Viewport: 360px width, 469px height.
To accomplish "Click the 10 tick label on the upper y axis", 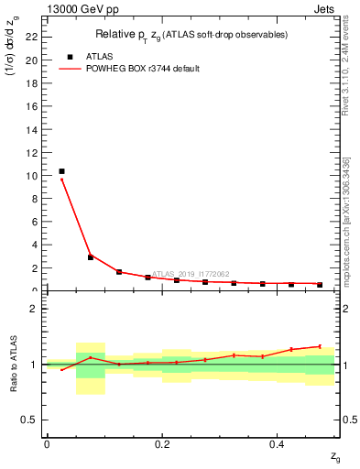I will (x=34, y=175).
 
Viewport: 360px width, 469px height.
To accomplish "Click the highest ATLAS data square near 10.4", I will (x=61, y=171).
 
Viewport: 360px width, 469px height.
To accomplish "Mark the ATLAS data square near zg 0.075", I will (x=91, y=257).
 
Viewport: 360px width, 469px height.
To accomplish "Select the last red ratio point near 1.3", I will (x=320, y=346).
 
